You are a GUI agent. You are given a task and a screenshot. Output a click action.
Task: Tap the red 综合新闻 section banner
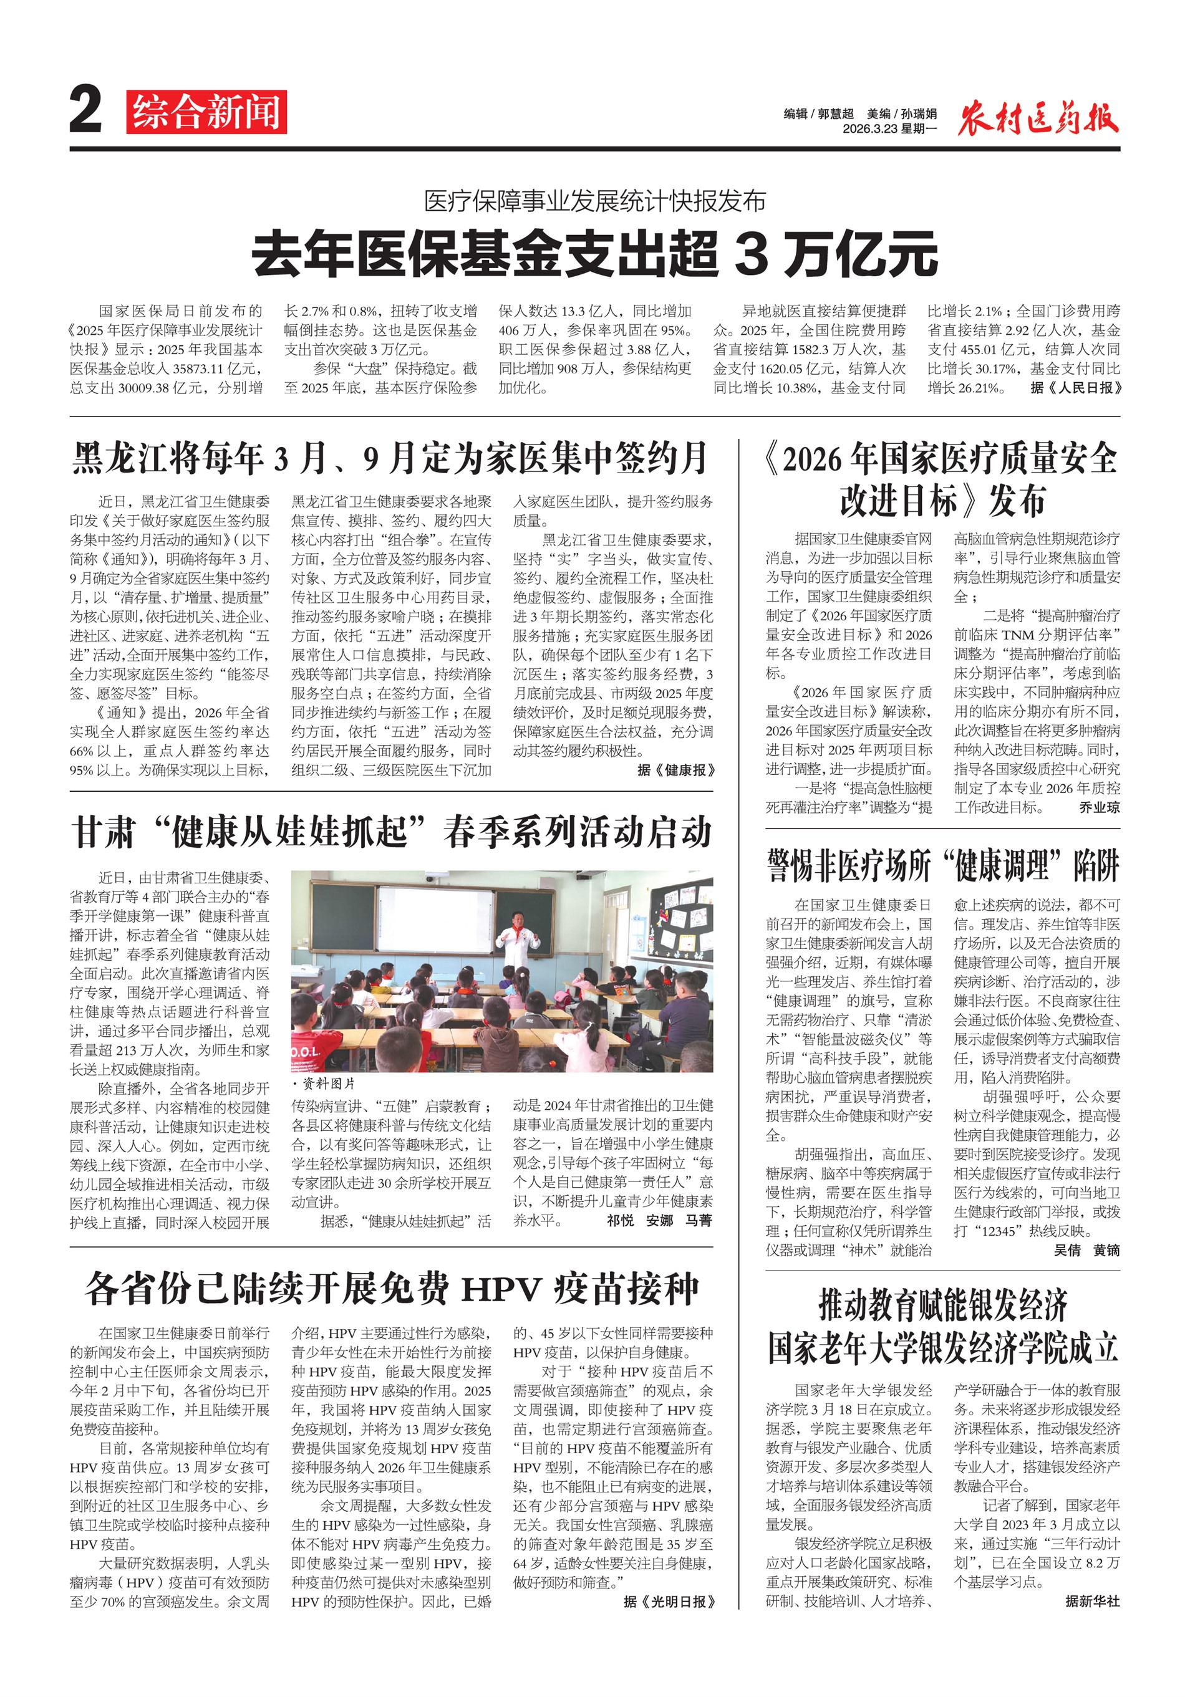click(206, 112)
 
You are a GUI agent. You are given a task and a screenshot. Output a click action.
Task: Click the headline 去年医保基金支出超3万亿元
click(594, 254)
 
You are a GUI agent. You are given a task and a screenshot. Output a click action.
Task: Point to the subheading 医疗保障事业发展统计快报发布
click(594, 201)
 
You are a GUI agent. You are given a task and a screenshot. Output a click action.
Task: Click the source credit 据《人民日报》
click(1076, 388)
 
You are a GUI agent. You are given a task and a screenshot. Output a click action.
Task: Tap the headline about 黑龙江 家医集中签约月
click(390, 458)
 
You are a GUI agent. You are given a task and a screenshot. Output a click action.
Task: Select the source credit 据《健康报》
click(675, 770)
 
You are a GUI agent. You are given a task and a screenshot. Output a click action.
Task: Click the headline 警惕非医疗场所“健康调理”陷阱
click(942, 865)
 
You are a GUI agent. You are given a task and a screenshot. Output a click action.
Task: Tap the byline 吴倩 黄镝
click(1086, 1251)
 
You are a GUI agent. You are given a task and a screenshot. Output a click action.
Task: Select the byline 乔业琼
click(1098, 808)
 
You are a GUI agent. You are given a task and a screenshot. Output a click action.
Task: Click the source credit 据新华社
click(1092, 1601)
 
